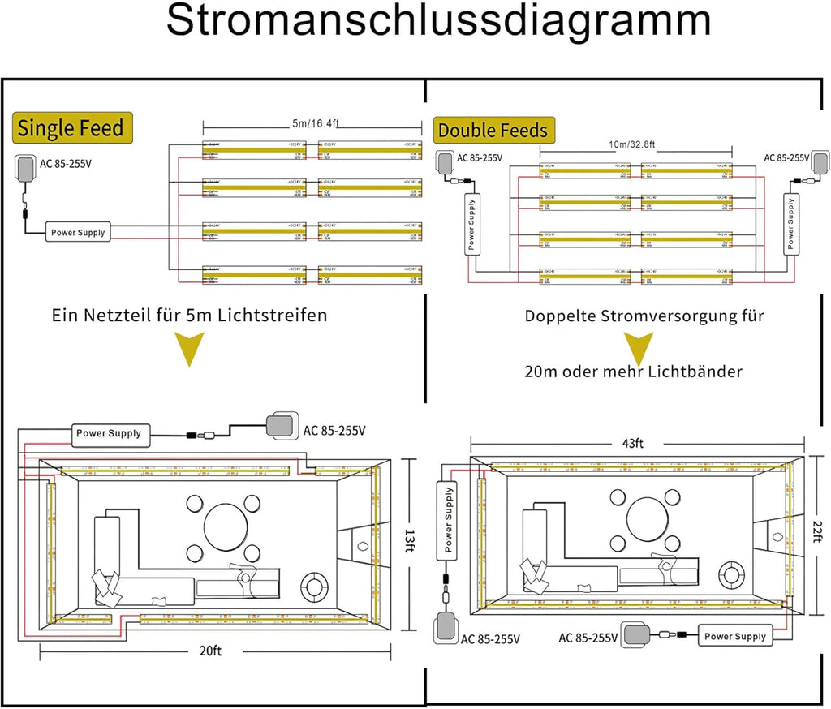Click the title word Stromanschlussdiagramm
438,22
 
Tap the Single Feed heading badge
71,127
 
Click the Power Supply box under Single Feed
78,232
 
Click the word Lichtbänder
698,372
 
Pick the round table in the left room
226,526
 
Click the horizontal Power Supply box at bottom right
734,636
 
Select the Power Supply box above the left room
109,432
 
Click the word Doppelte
561,315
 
